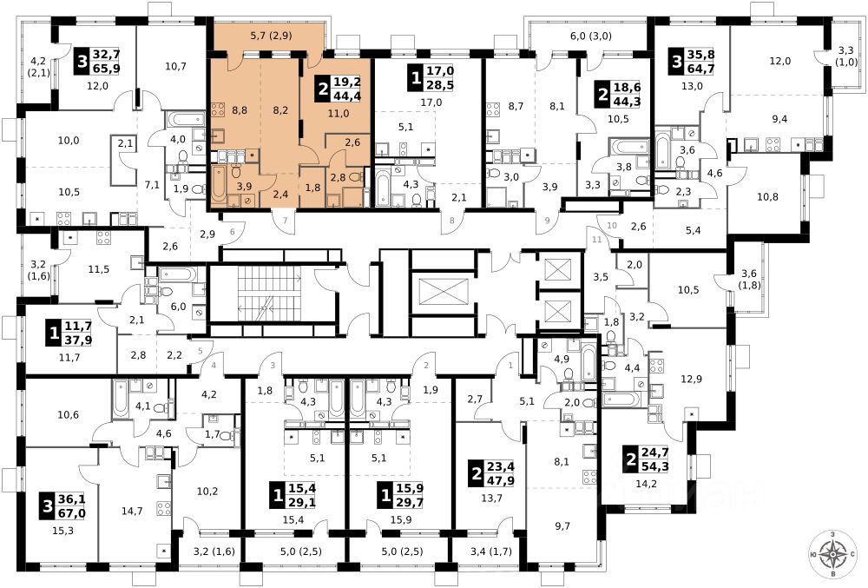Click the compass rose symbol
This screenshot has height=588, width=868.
tap(834, 553)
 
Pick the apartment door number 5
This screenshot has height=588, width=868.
tap(200, 351)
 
